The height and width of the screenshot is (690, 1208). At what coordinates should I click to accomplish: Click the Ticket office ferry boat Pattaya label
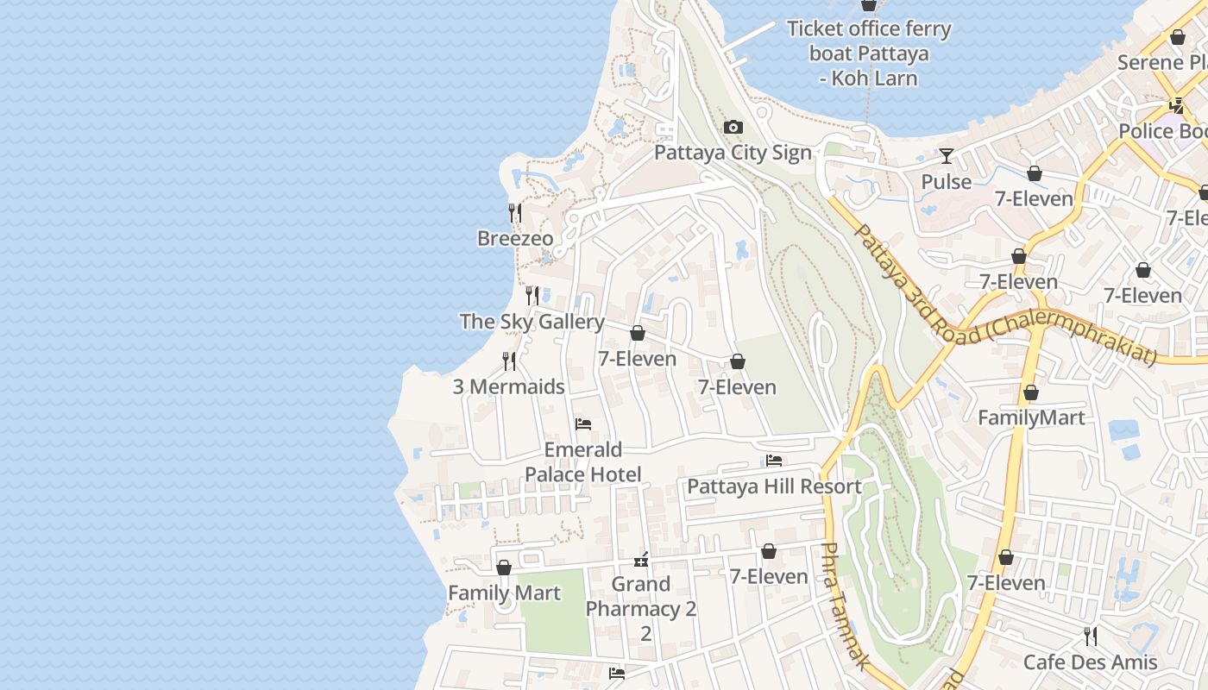869,53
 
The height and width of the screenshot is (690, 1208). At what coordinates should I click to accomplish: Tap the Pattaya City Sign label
733,154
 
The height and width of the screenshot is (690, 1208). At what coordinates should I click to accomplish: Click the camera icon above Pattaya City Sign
733,128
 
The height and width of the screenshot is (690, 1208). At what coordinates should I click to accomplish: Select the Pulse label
947,182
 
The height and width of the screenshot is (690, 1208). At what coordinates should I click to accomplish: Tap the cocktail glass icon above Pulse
947,156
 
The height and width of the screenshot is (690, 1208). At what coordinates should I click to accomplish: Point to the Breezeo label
515,238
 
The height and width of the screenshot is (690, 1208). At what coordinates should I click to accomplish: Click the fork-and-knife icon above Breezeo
515,212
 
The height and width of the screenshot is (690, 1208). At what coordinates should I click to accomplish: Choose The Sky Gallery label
532,322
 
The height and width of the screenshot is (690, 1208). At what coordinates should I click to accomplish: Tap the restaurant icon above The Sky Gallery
532,296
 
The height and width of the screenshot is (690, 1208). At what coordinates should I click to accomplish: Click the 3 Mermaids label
509,386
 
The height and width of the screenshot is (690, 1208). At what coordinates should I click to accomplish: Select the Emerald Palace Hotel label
583,462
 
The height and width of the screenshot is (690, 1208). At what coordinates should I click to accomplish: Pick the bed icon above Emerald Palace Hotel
583,424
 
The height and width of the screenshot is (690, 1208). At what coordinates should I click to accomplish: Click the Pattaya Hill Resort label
774,486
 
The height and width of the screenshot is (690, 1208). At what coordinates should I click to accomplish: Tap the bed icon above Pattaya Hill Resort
774,461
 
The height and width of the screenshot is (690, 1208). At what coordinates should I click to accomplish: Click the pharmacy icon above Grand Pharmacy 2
641,561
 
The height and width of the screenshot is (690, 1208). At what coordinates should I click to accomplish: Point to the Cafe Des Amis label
1091,662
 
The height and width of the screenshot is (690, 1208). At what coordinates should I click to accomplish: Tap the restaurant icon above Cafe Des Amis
1091,637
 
